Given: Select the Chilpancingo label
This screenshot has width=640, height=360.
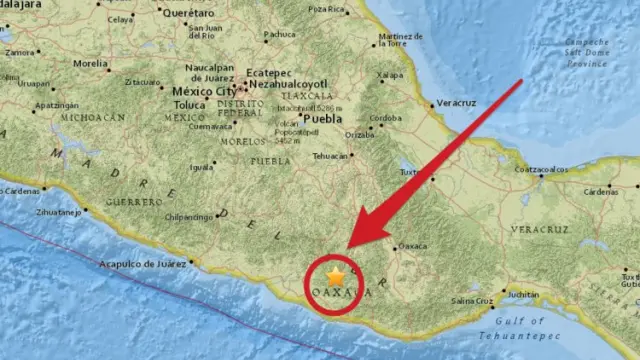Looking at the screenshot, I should coord(189,216).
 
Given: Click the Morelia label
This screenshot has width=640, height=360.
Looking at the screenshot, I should coord(91,62).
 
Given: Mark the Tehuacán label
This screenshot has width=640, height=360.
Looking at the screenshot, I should coord(331,156).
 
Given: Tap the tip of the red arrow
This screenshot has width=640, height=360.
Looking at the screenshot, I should coord(347,247).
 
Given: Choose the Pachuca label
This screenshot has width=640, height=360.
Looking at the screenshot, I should coord(279,34).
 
